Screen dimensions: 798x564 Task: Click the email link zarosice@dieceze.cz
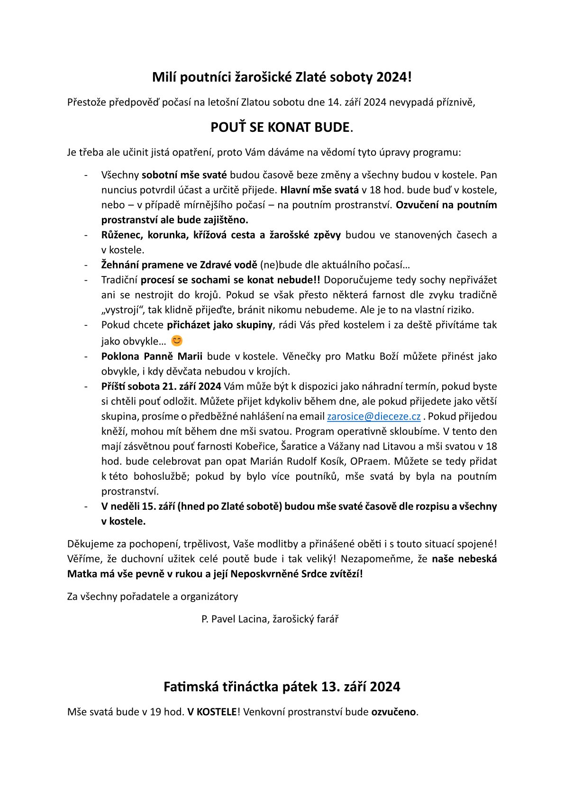(x=373, y=416)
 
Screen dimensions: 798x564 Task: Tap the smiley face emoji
(x=177, y=341)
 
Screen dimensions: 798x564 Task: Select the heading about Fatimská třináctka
(x=282, y=687)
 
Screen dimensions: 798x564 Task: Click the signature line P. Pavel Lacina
(x=270, y=619)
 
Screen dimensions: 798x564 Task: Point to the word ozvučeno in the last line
(x=393, y=712)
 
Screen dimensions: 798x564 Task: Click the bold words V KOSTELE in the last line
(x=212, y=712)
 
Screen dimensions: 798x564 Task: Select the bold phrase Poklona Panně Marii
(x=152, y=356)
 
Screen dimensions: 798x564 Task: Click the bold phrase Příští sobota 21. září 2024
(x=161, y=386)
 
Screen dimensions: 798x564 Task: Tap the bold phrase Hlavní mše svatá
(x=319, y=190)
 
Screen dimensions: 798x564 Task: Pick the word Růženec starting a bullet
(x=122, y=235)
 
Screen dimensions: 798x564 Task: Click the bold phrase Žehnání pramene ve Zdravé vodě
(x=179, y=265)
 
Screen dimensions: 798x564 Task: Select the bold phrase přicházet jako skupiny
(x=219, y=325)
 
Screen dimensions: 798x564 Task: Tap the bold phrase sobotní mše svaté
(x=184, y=175)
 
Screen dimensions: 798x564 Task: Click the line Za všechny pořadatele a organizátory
(x=153, y=596)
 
